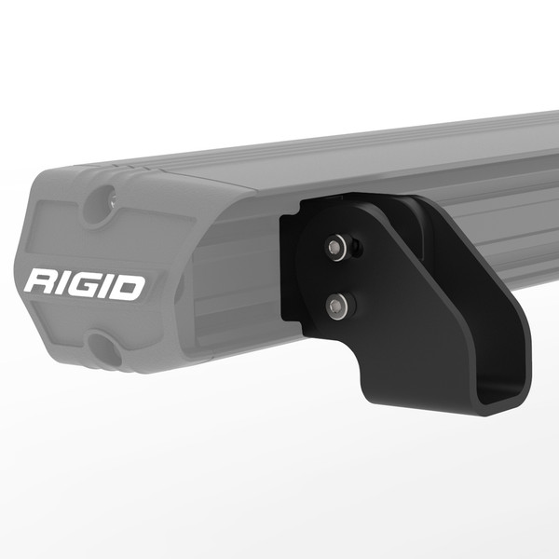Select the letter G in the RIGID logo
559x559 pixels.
[87, 284]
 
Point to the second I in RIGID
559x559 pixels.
[109, 285]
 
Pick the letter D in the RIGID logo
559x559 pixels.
[130, 286]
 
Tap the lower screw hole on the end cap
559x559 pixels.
[104, 351]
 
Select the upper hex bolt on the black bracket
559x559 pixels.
[334, 247]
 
